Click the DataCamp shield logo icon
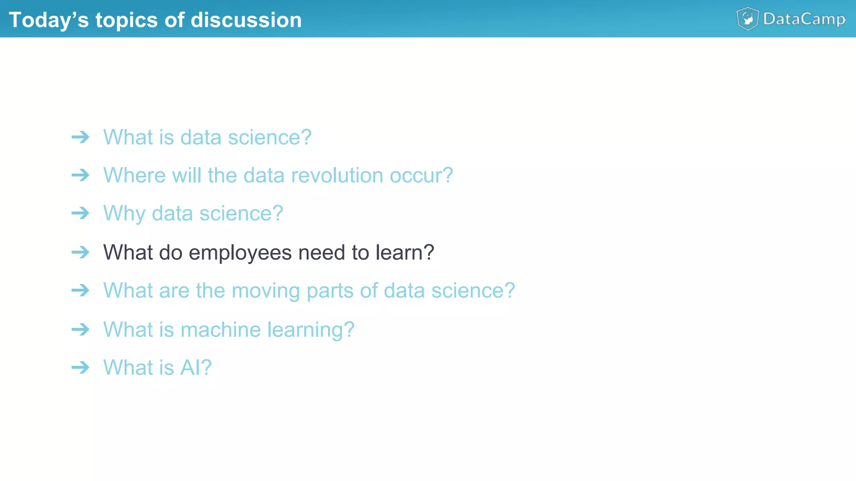point(748,19)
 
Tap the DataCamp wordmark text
point(804,19)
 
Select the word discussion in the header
point(246,20)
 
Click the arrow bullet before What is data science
point(80,137)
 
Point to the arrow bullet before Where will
point(80,175)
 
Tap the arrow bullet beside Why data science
point(80,213)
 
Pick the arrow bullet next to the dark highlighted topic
point(80,252)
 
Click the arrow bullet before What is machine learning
point(80,329)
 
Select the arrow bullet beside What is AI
point(80,367)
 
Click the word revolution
point(337,175)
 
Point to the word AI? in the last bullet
point(196,368)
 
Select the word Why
point(124,214)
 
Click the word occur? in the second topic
point(421,175)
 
